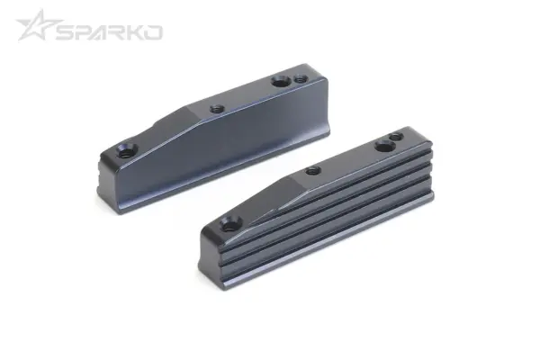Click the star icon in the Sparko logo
pos(34,27)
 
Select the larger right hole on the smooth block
pos(280,82)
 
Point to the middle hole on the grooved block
pos(312,170)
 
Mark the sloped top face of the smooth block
pos(171,126)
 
